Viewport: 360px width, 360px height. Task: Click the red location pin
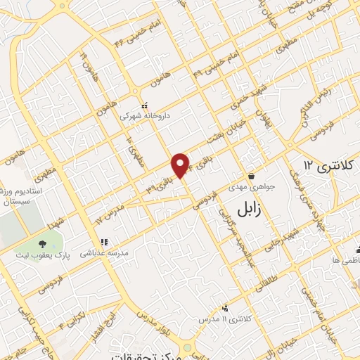pyautogui.click(x=181, y=165)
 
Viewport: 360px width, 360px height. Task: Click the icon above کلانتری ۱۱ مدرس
pyautogui.click(x=225, y=308)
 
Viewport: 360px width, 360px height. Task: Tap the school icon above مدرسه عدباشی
pyautogui.click(x=104, y=243)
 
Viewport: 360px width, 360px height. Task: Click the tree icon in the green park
pyautogui.click(x=43, y=243)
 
